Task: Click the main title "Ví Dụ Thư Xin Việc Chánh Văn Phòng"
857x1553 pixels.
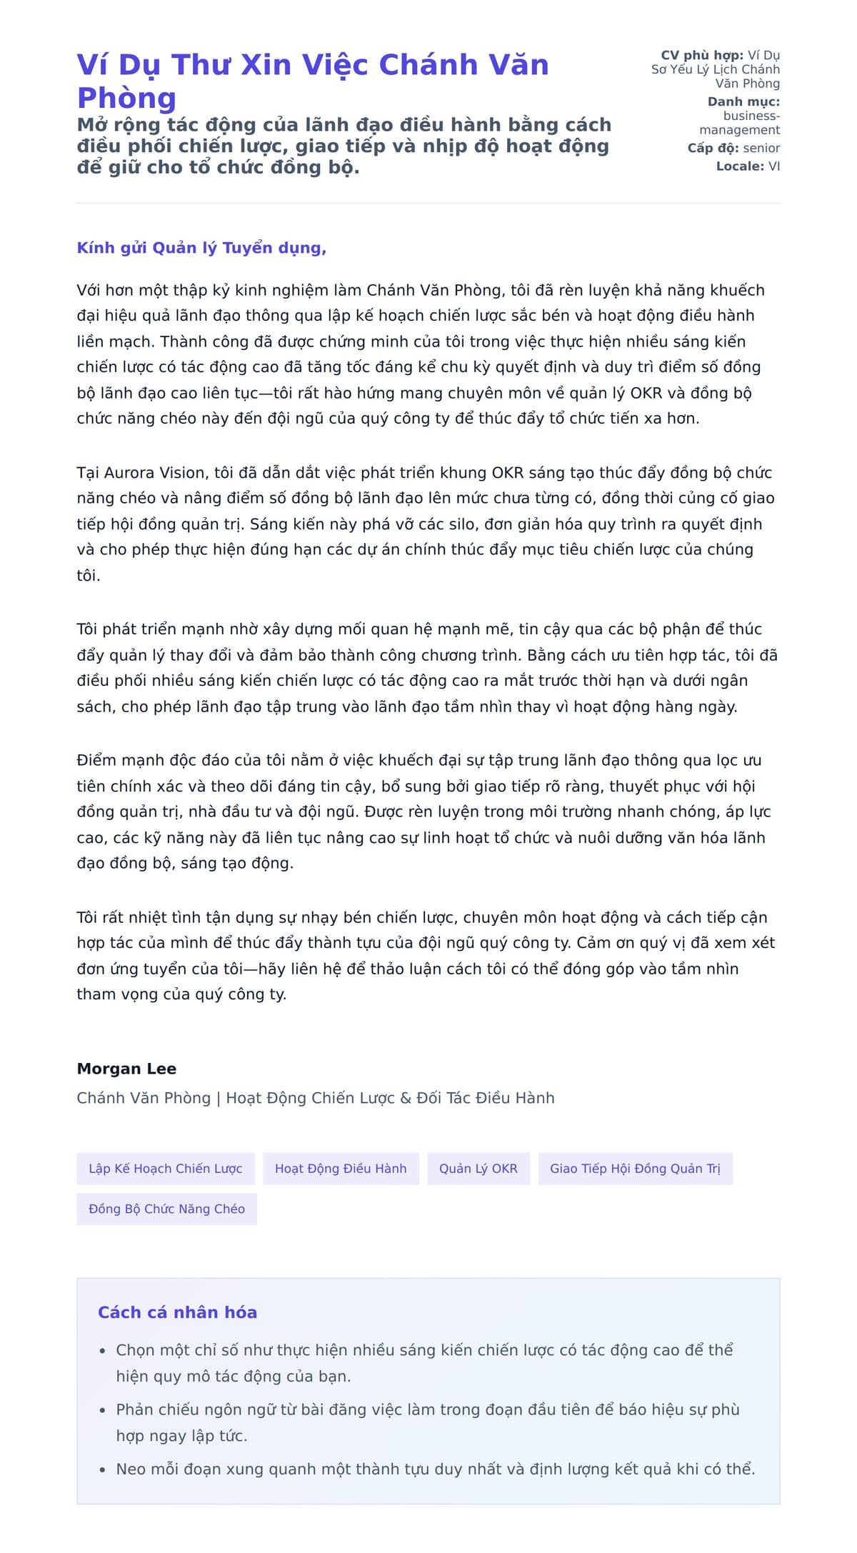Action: [313, 80]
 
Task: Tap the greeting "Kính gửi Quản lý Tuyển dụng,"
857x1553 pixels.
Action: [201, 248]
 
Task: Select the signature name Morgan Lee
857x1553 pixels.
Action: [126, 1069]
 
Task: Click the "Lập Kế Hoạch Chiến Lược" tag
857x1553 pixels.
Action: [166, 1169]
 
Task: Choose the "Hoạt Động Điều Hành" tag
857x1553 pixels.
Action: [341, 1169]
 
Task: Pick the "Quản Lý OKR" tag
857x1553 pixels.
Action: [478, 1169]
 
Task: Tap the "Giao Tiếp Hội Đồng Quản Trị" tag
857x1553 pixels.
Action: [635, 1169]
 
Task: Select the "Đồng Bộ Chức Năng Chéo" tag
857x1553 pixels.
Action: [166, 1209]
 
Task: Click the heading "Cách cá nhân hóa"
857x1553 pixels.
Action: [177, 1312]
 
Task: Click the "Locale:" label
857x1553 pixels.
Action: [740, 166]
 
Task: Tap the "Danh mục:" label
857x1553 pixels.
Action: [743, 101]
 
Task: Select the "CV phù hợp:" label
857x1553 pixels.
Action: [702, 55]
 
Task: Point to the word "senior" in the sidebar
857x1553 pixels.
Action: [761, 148]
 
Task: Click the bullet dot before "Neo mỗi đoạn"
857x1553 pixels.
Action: [102, 1470]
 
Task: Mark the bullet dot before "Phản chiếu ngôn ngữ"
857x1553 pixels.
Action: [102, 1411]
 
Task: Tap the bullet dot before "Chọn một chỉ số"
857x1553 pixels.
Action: [102, 1352]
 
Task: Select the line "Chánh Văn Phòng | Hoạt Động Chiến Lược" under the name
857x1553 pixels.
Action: [315, 1098]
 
